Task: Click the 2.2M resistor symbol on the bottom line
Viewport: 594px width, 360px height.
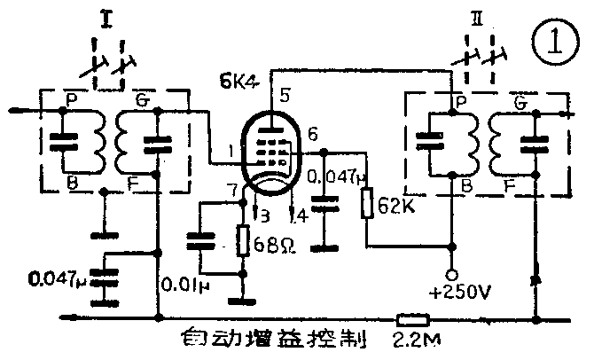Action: [413, 317]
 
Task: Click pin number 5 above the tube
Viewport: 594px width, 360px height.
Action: [284, 94]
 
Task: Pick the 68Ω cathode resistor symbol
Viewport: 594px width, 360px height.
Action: [242, 241]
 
